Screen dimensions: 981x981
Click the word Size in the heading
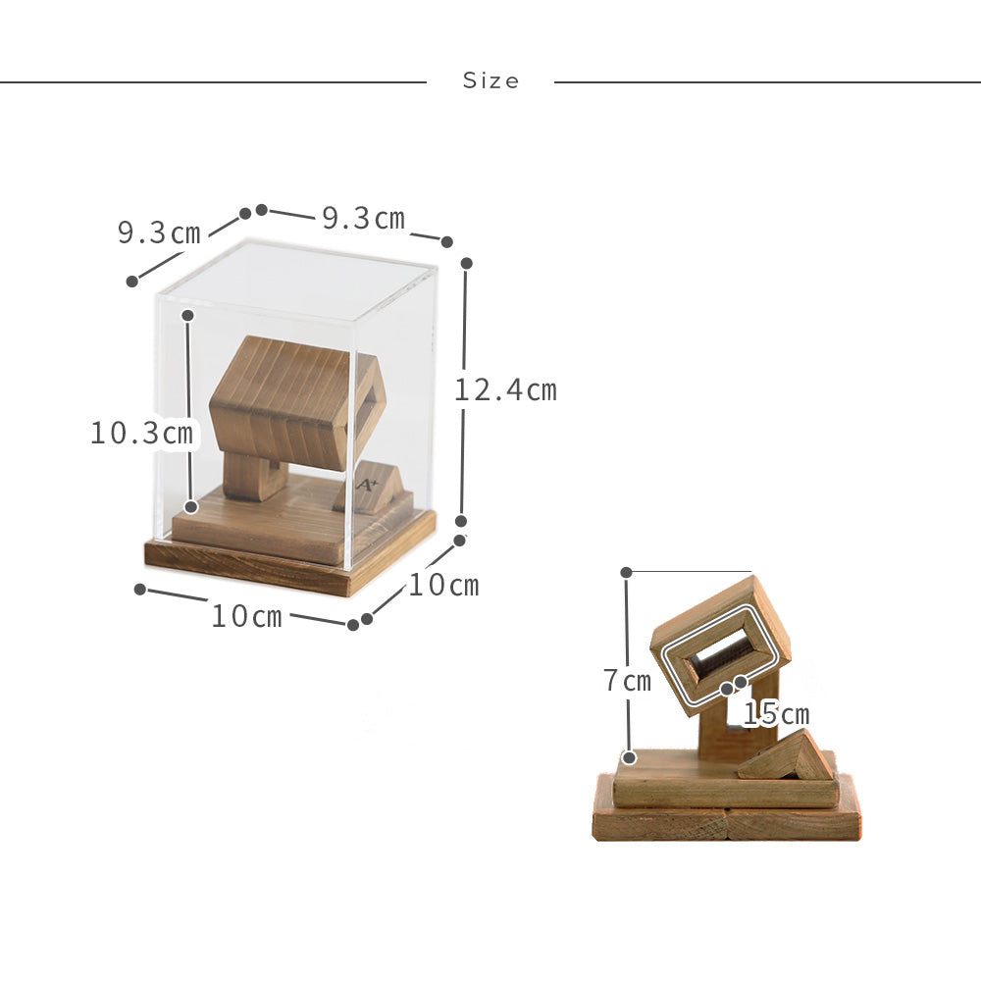pos(491,80)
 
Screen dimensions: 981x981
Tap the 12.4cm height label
pos(505,390)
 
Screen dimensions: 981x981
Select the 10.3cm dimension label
pos(142,433)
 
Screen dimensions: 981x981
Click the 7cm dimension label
pos(627,681)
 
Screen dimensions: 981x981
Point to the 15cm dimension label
pos(776,714)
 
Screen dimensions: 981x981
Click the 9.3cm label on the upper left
pos(159,232)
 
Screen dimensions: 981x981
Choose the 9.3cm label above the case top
pos(364,218)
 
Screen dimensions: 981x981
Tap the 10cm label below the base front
pos(247,616)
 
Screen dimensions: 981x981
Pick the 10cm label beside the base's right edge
pos(443,585)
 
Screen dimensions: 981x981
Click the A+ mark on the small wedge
pos(368,485)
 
